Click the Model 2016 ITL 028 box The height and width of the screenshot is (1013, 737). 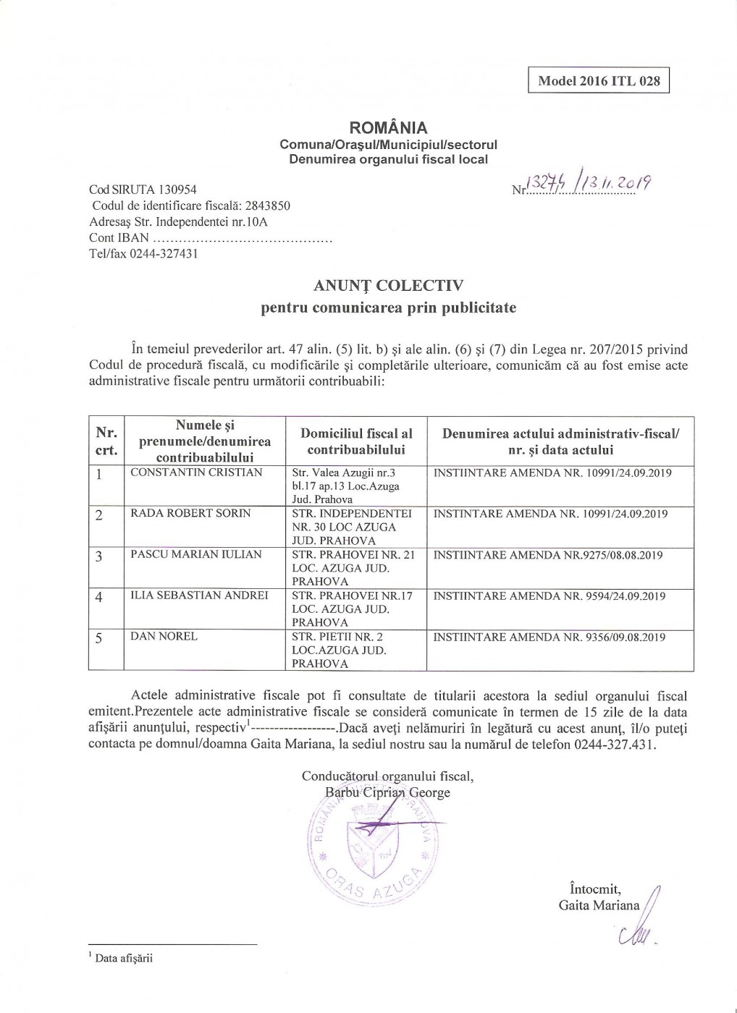pyautogui.click(x=599, y=81)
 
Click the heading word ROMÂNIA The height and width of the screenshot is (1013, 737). pyautogui.click(x=388, y=129)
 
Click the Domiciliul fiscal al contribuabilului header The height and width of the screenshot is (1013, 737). pyautogui.click(x=356, y=441)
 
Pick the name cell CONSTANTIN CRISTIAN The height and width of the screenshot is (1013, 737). pyautogui.click(x=195, y=472)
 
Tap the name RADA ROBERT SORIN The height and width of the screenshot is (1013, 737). pyautogui.click(x=190, y=514)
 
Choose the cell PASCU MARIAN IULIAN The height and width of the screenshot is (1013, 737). pyautogui.click(x=195, y=555)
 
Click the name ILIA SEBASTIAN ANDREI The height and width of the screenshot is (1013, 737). pyautogui.click(x=199, y=595)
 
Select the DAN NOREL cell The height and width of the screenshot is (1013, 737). pyautogui.click(x=164, y=637)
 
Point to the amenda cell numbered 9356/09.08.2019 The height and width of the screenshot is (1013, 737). pyautogui.click(x=549, y=637)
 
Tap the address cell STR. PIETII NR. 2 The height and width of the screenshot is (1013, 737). pyautogui.click(x=337, y=650)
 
